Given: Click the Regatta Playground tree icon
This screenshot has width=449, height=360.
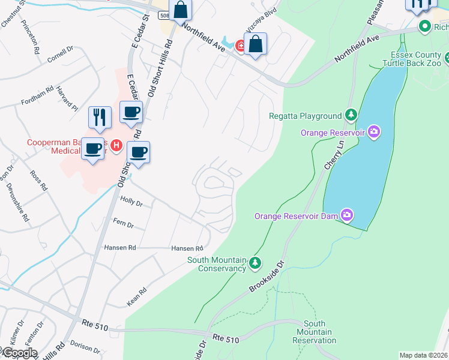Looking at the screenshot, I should (351, 115).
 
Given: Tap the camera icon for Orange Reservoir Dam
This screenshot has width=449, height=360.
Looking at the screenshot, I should (347, 214).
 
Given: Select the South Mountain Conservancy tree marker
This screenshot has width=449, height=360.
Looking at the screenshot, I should (255, 262).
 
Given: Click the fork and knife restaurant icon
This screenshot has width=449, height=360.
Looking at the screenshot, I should (100, 116).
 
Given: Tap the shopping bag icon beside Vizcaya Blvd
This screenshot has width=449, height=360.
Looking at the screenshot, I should (255, 44).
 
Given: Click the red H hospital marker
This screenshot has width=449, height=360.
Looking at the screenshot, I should (117, 145).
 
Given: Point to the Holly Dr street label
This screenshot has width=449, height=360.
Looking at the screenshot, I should (131, 203).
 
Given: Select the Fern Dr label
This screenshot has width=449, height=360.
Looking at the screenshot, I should (123, 223).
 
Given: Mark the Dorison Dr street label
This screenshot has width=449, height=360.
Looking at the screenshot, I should (84, 344).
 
